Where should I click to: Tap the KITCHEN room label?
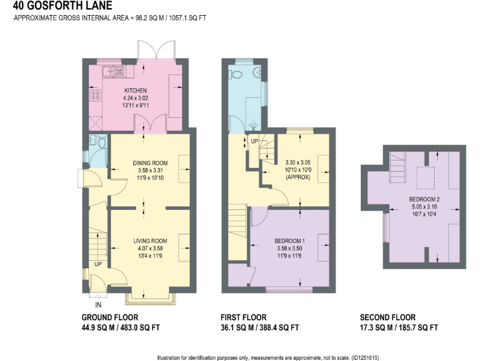tap(135, 90)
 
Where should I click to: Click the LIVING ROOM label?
tap(150, 240)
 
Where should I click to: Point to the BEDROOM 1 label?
tap(289, 241)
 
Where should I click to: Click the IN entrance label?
tap(97, 305)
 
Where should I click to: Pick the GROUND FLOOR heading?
tap(110, 318)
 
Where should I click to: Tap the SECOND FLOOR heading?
tap(387, 318)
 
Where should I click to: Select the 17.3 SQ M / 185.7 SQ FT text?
tap(398, 328)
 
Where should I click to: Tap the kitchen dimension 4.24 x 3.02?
tap(135, 98)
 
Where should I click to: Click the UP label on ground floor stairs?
tap(98, 264)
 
